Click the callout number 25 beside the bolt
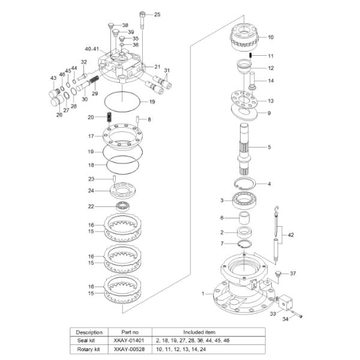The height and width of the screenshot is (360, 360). (x=157, y=14)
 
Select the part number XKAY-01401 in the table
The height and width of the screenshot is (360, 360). (x=129, y=340)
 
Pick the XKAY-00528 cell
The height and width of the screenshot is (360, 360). (x=129, y=349)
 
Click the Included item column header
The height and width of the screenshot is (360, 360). (x=201, y=331)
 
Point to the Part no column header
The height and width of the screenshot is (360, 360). (x=129, y=331)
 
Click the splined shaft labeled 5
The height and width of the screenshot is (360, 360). (x=247, y=147)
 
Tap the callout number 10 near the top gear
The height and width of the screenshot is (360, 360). (x=270, y=37)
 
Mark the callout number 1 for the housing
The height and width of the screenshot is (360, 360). (x=203, y=293)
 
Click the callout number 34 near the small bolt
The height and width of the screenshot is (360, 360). (x=286, y=319)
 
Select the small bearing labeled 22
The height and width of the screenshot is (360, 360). (x=125, y=206)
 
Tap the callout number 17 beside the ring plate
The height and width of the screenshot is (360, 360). (x=91, y=136)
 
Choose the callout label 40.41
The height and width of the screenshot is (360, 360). (x=92, y=48)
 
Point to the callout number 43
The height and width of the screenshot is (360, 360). (x=53, y=79)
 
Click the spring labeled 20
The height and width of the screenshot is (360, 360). (x=109, y=116)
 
